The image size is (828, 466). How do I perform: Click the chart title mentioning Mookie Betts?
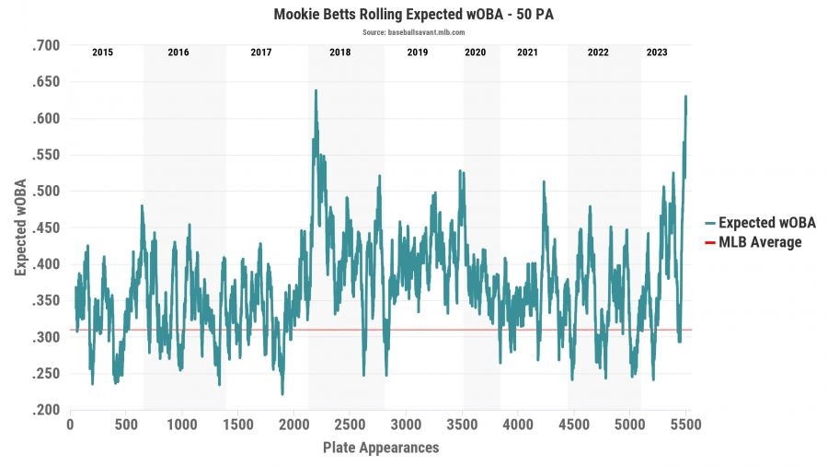pyautogui.click(x=413, y=16)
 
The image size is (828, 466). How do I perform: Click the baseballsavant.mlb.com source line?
pyautogui.click(x=413, y=32)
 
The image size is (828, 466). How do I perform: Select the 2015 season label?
pyautogui.click(x=102, y=52)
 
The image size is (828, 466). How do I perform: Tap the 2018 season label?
pyautogui.click(x=340, y=52)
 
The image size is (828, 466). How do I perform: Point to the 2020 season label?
pyautogui.click(x=475, y=52)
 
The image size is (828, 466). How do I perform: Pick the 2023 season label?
pyautogui.click(x=657, y=52)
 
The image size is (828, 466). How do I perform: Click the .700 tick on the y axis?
pyautogui.click(x=45, y=45)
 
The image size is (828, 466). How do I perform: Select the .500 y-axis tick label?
pyautogui.click(x=45, y=192)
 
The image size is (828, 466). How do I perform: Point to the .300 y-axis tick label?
pyautogui.click(x=45, y=337)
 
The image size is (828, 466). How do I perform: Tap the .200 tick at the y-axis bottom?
pyautogui.click(x=45, y=410)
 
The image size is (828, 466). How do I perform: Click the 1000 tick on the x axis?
pyautogui.click(x=181, y=426)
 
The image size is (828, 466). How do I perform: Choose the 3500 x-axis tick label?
pyautogui.click(x=461, y=426)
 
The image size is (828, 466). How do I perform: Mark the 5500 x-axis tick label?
pyautogui.click(x=684, y=426)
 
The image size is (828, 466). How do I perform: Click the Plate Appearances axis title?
pyautogui.click(x=381, y=449)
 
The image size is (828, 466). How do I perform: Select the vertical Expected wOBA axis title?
pyautogui.click(x=20, y=227)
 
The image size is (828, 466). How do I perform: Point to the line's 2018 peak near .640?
pyautogui.click(x=316, y=90)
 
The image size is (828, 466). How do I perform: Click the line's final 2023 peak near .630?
pyautogui.click(x=685, y=96)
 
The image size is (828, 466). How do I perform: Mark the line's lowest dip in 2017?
pyautogui.click(x=282, y=394)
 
